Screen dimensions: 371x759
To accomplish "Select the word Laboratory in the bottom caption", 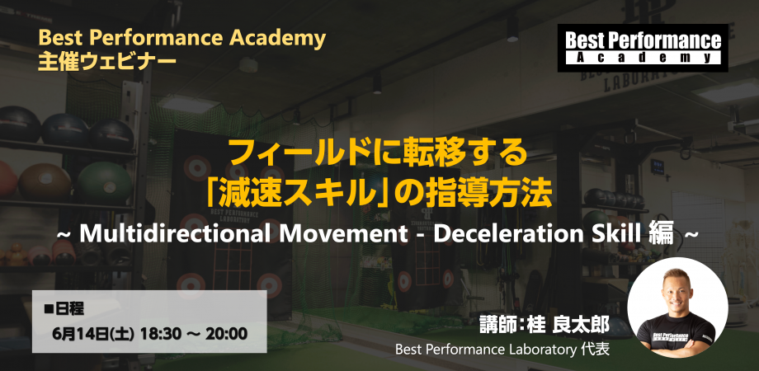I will click(537, 350).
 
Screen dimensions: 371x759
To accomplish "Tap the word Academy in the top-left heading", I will click(280, 38).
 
